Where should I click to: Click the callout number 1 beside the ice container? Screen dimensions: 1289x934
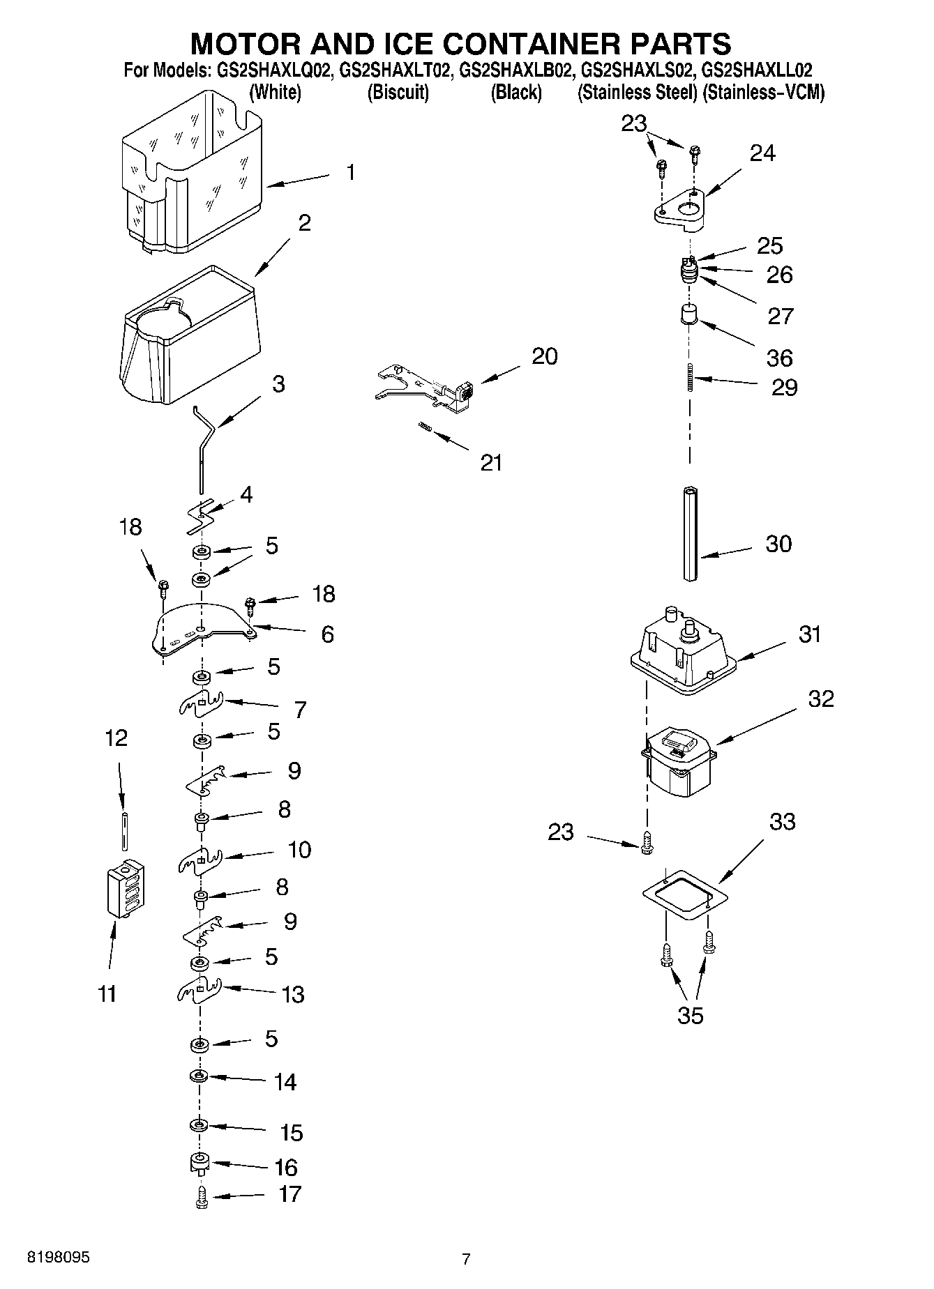[351, 171]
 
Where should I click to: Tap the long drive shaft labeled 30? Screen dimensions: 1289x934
[691, 534]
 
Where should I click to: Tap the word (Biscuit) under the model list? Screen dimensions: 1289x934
[398, 93]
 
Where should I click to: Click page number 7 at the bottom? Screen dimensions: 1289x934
[466, 1258]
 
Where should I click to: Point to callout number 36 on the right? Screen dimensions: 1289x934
[779, 358]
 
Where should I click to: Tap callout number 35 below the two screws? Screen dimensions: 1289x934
[690, 1016]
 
